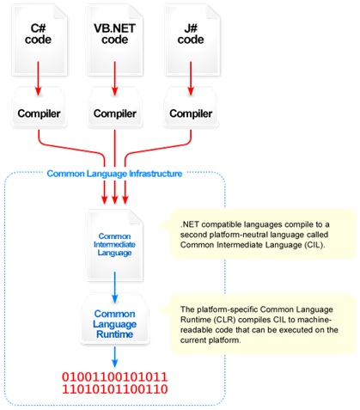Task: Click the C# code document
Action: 40,40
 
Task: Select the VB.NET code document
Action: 115,40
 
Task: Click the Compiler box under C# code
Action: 39,108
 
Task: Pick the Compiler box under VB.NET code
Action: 115,108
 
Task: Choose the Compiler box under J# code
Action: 191,108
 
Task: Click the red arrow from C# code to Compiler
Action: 38,78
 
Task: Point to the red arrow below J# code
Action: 191,78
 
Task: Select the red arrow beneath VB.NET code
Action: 115,78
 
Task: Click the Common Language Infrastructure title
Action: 114,174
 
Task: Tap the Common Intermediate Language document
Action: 115,245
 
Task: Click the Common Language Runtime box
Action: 115,320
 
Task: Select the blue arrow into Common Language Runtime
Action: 115,287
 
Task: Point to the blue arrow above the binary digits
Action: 115,357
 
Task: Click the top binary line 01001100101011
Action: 115,376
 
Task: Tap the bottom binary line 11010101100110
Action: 115,389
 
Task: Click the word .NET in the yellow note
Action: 190,224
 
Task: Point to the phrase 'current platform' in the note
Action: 210,340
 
